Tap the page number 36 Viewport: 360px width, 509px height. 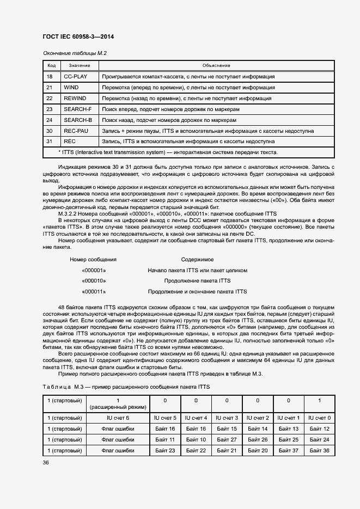[x=46, y=462]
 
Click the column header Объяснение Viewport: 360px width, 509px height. [x=216, y=65]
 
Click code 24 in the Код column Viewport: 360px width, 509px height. [x=49, y=120]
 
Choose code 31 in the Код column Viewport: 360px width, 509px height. [x=49, y=142]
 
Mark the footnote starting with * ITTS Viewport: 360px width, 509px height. [x=168, y=152]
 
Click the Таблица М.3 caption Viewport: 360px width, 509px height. [x=125, y=387]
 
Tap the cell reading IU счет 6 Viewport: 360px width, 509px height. [x=118, y=418]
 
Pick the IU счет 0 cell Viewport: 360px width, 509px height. [x=320, y=418]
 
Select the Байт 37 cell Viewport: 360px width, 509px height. [x=289, y=450]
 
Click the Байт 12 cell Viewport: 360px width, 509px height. [x=320, y=429]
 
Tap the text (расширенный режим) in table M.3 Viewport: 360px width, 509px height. [x=118, y=407]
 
